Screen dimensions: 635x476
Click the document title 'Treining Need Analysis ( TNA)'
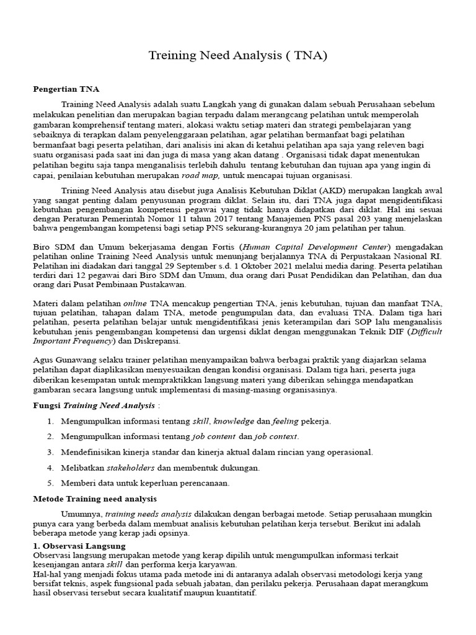point(237,56)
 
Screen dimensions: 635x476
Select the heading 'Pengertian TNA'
point(66,89)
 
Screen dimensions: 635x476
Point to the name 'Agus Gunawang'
point(61,360)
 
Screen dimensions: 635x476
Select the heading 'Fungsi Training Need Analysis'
point(94,406)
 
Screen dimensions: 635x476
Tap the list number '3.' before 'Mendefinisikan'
point(50,452)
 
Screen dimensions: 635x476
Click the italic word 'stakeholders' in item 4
point(131,468)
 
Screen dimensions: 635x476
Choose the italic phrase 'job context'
point(274,437)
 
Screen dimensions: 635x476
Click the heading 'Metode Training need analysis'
point(94,499)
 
